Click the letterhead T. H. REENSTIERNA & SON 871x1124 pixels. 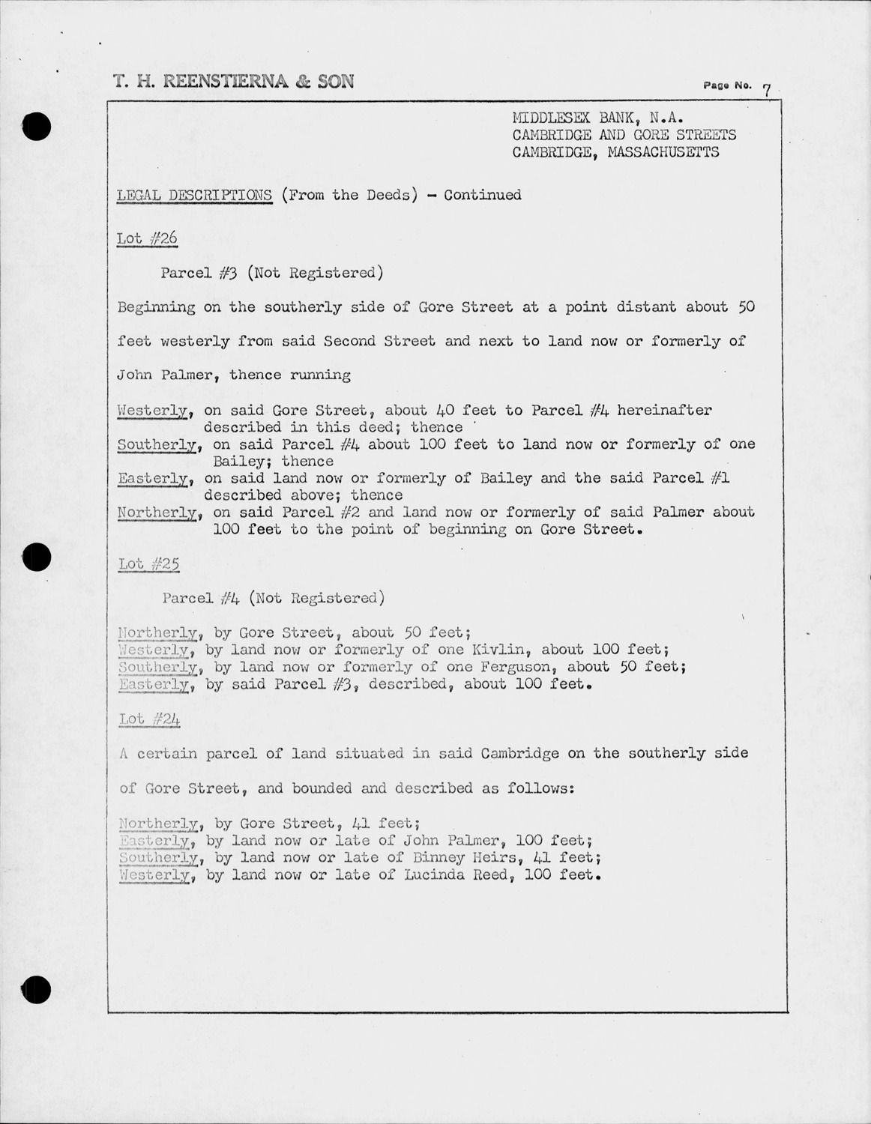tap(233, 82)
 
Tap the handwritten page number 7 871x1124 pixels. tap(766, 91)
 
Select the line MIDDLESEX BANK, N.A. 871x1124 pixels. tap(597, 118)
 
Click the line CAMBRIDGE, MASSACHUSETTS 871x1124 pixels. tap(615, 152)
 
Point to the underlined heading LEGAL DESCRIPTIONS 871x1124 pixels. tap(194, 196)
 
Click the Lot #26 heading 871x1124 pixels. tap(147, 238)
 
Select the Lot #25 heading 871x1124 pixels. tap(148, 563)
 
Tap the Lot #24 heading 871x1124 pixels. tap(149, 719)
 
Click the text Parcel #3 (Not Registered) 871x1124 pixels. tap(272, 273)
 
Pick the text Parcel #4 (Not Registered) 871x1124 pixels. tap(274, 598)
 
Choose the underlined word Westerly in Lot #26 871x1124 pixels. tap(154, 411)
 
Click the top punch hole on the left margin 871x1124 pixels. tap(36, 126)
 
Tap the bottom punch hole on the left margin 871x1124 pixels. tap(36, 991)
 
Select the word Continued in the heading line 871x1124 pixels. tap(483, 196)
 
